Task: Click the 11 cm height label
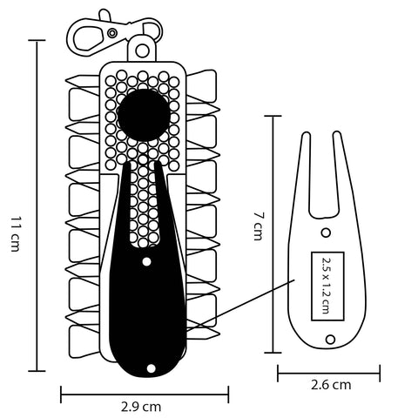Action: tap(16, 233)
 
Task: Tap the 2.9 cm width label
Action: tap(141, 407)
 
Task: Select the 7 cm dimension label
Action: tap(258, 226)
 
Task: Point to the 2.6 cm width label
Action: tap(331, 385)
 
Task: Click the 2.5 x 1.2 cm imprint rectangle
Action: tap(327, 287)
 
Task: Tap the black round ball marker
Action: tap(143, 115)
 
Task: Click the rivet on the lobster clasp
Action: tap(112, 33)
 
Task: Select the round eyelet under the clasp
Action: tap(142, 51)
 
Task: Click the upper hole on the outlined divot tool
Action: tap(326, 233)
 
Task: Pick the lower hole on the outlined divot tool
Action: tap(330, 339)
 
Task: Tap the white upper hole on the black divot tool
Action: tap(146, 261)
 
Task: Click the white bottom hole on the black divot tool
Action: tap(152, 368)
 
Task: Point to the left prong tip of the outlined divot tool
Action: tap(306, 132)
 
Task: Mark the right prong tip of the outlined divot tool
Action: tap(337, 132)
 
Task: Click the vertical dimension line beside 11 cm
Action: tap(37, 206)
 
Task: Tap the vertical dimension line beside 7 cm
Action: tap(273, 234)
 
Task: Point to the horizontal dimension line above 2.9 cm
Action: tap(145, 394)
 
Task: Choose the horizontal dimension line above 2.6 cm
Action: tap(329, 374)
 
